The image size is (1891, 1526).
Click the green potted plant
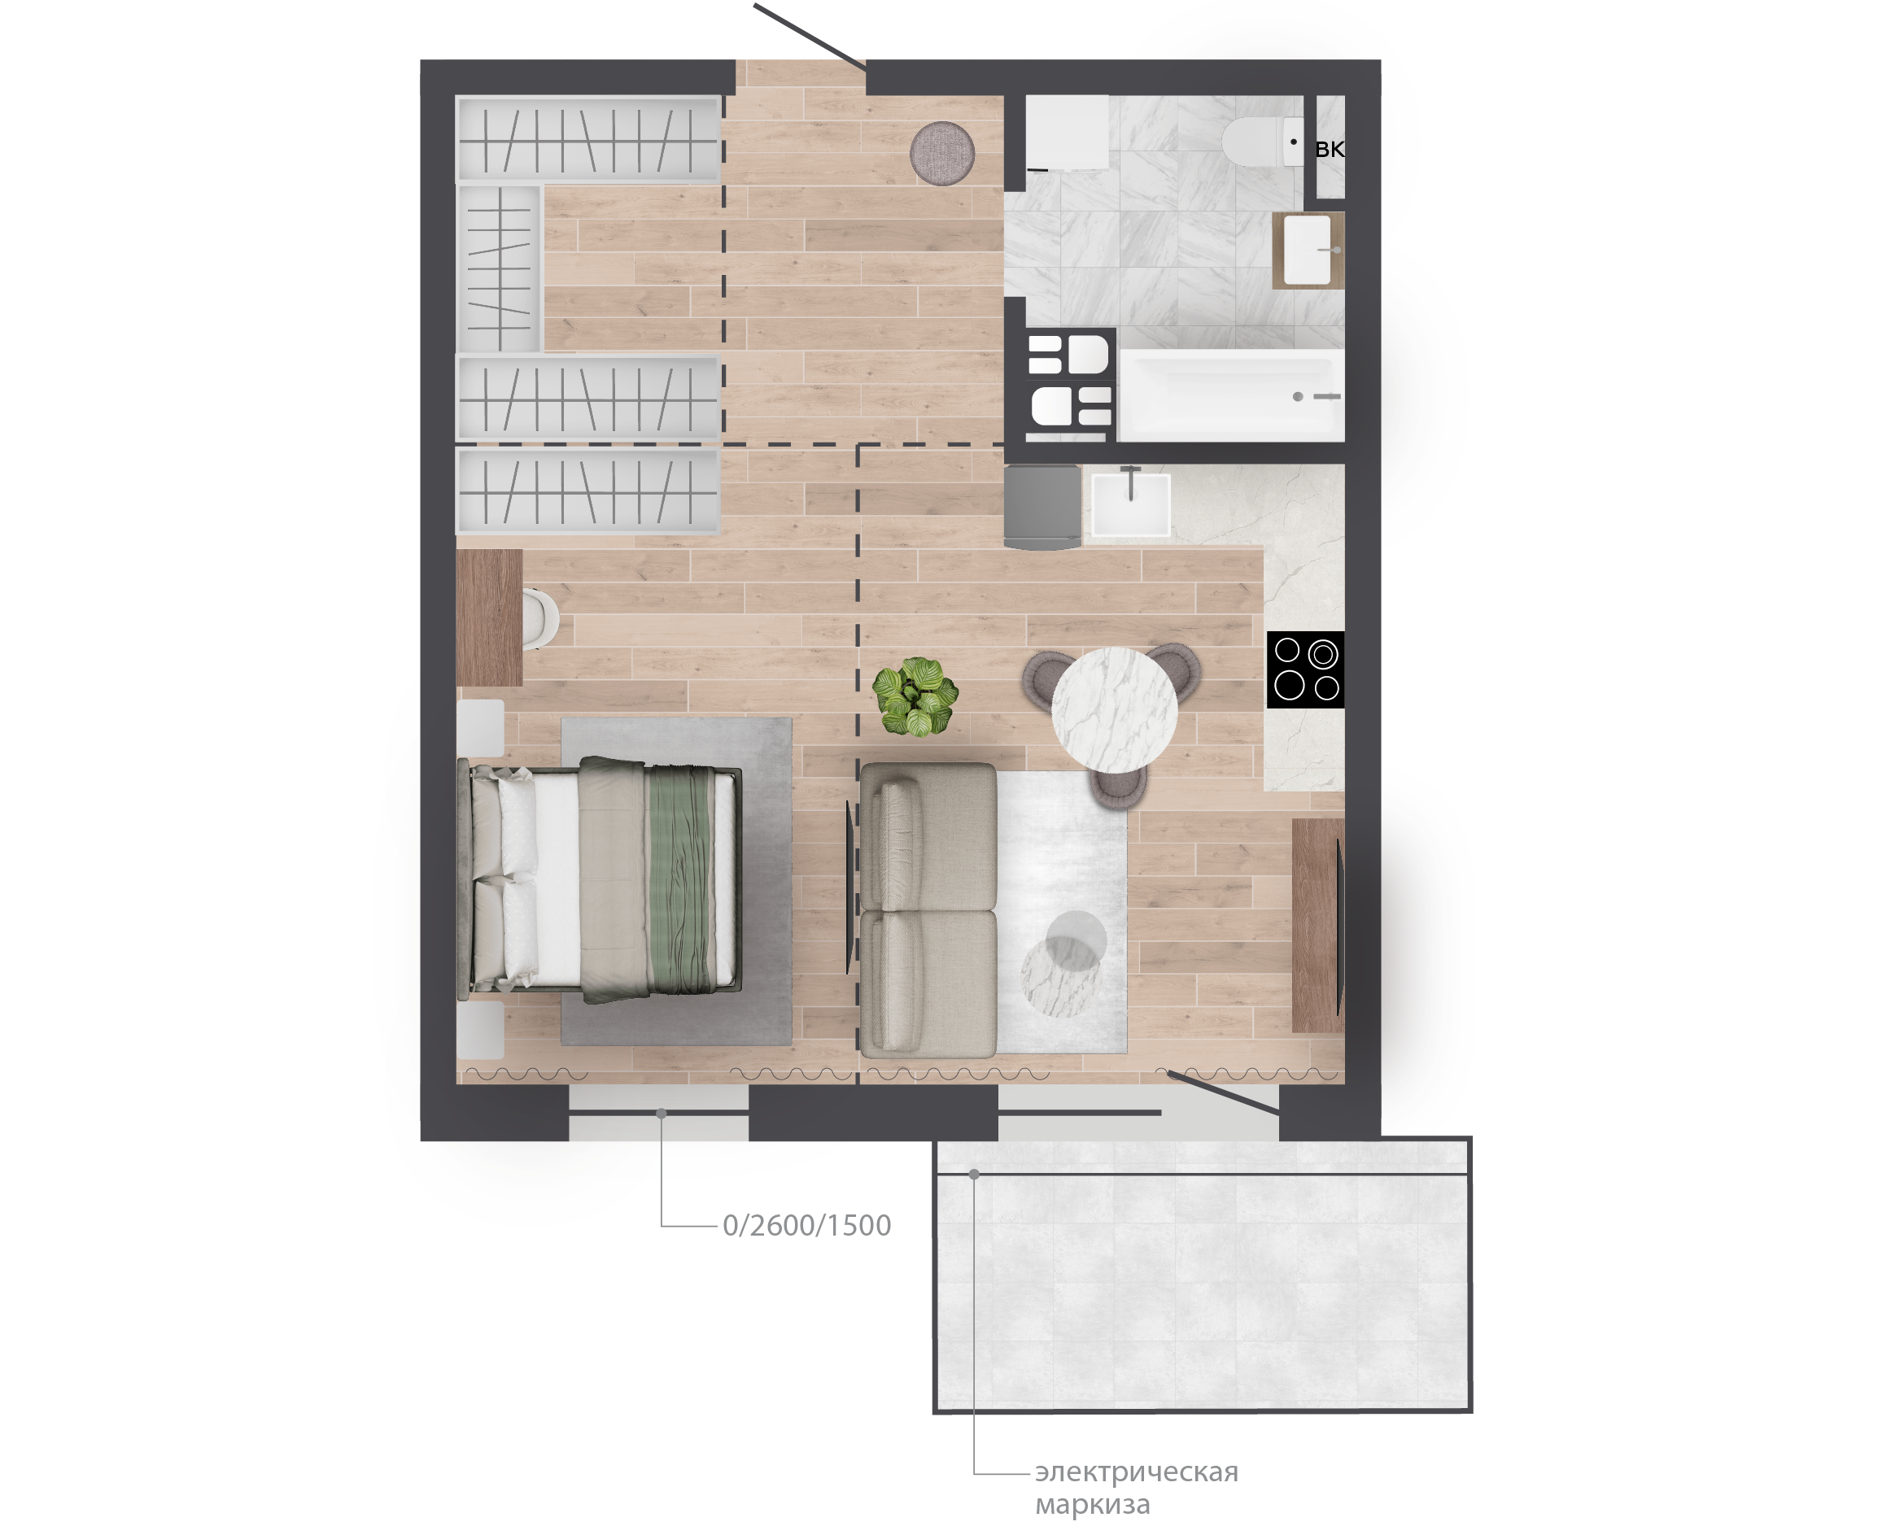click(x=915, y=697)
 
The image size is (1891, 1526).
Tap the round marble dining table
click(x=1115, y=710)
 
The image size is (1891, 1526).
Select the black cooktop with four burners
click(x=1305, y=669)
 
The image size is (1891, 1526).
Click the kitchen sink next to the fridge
click(x=1130, y=504)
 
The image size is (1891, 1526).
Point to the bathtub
click(x=1231, y=395)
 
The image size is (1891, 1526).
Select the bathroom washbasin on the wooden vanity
click(x=1308, y=251)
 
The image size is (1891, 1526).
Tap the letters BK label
click(x=1330, y=150)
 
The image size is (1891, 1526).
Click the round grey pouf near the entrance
click(x=941, y=153)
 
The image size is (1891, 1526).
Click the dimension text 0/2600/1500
click(x=806, y=1225)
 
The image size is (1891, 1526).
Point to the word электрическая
click(x=1136, y=1471)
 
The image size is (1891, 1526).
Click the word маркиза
click(x=1092, y=1505)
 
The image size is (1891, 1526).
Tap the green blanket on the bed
click(x=678, y=879)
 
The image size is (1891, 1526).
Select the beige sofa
click(x=928, y=909)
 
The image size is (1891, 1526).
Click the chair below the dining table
click(x=1118, y=786)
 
